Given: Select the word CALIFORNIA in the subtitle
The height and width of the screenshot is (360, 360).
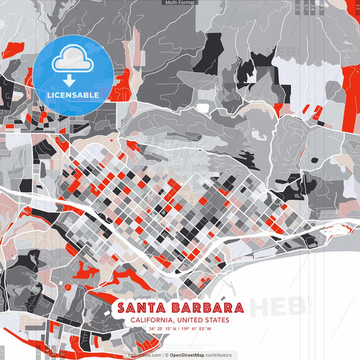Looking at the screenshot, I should click(x=147, y=320).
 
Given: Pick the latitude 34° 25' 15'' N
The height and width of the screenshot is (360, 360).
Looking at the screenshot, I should click(x=163, y=329).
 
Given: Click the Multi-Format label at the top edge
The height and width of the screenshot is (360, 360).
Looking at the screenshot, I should click(x=180, y=3).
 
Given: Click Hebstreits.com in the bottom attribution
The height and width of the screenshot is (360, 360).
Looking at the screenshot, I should click(x=145, y=355).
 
